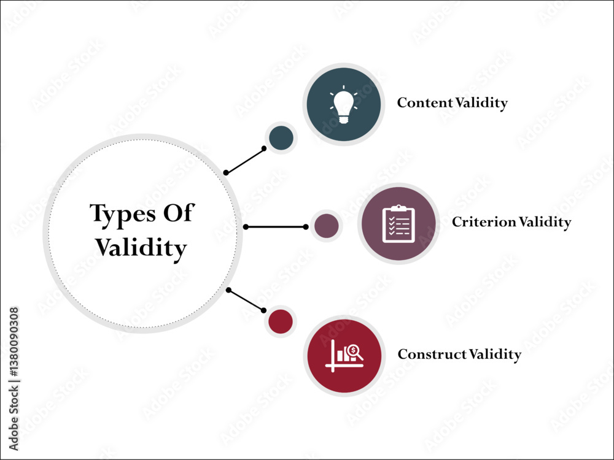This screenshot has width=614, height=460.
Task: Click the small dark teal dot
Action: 281,137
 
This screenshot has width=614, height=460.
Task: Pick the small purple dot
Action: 326,226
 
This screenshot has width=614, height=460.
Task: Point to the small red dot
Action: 280,321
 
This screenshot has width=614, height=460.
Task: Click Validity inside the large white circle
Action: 141,248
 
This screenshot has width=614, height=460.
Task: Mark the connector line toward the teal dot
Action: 245,161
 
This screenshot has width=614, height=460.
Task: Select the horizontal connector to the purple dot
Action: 276,227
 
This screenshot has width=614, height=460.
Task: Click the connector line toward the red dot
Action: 246,300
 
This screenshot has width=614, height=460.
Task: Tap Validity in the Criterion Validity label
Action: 545,221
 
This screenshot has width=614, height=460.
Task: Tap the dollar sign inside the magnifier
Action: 353,350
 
